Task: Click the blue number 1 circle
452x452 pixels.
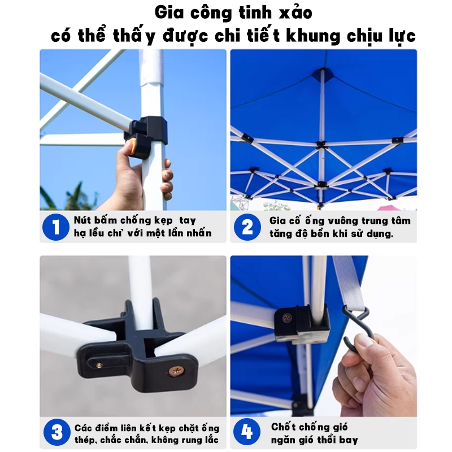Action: (x=55, y=227)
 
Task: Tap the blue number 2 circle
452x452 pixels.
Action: (x=247, y=227)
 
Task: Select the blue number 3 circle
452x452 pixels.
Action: (x=57, y=432)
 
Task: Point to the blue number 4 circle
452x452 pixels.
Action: (x=247, y=432)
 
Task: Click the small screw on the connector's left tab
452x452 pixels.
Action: (x=99, y=366)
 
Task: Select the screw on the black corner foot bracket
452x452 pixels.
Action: (x=286, y=318)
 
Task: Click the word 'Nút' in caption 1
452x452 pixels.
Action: (x=82, y=220)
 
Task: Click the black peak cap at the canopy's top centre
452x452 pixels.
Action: (x=323, y=72)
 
